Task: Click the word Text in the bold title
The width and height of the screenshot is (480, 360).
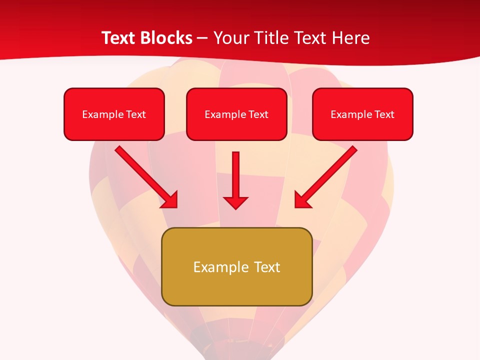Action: (x=118, y=38)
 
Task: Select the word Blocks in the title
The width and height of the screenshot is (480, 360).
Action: (x=165, y=38)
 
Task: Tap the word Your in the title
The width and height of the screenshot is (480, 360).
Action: (x=231, y=38)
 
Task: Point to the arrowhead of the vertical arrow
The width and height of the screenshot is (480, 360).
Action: (x=235, y=202)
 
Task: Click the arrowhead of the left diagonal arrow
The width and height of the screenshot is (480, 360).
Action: (x=170, y=200)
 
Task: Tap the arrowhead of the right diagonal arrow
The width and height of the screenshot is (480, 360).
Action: (x=301, y=200)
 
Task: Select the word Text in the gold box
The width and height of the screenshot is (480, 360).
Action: (x=267, y=267)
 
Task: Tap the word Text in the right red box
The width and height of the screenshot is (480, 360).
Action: (x=384, y=114)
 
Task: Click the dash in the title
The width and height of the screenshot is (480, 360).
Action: (x=202, y=38)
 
